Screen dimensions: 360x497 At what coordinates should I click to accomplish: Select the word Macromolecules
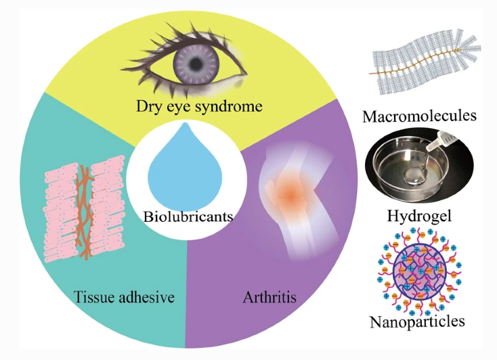point(419,116)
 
